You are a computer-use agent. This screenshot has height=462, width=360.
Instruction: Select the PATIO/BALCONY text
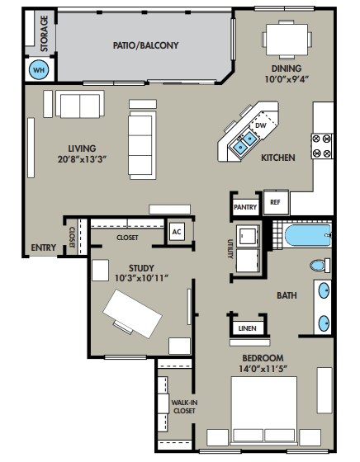(145, 46)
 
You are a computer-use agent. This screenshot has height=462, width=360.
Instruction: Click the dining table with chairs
(287, 38)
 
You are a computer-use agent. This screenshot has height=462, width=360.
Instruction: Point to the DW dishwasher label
(260, 125)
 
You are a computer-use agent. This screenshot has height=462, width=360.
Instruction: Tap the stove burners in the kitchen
(322, 146)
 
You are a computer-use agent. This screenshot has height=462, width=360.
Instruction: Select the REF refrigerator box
(274, 202)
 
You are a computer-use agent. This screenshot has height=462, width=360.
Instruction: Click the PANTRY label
(245, 207)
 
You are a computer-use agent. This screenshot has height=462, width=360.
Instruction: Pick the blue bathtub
(308, 237)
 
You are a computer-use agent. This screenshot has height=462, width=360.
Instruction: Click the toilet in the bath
(319, 266)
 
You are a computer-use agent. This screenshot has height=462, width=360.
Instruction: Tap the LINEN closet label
(247, 328)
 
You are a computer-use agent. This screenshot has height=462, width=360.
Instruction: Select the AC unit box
(176, 232)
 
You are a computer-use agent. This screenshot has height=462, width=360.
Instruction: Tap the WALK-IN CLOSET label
(183, 408)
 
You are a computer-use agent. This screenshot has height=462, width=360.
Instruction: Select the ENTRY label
(43, 247)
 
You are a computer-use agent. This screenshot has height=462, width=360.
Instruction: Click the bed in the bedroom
(263, 412)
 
